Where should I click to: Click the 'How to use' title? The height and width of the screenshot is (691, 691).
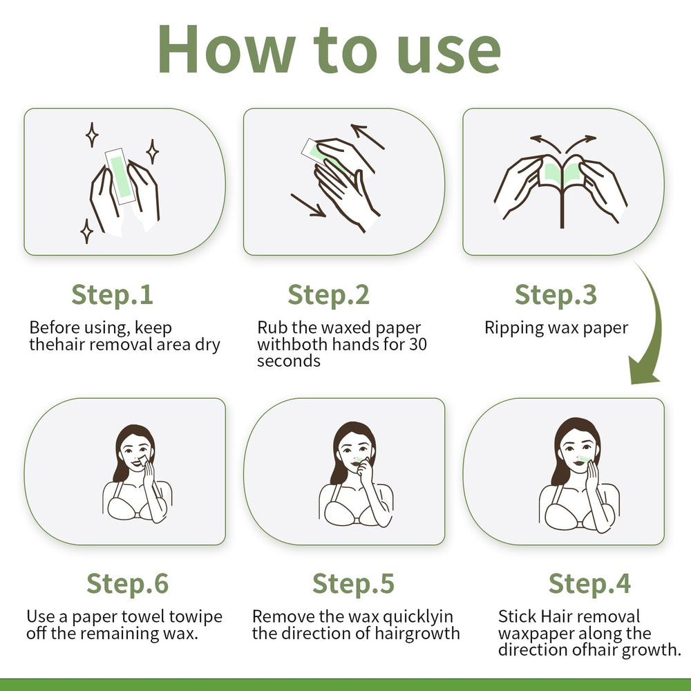[x=329, y=49]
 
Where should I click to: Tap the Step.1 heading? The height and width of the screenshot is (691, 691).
[x=112, y=294]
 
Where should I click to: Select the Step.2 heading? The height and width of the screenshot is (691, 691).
[x=328, y=294]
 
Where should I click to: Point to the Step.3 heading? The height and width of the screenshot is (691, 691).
[x=556, y=294]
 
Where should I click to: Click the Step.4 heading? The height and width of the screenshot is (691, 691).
[x=589, y=583]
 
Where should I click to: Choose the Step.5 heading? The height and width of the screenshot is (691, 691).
[x=353, y=583]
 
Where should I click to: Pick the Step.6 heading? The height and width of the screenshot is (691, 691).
[x=127, y=583]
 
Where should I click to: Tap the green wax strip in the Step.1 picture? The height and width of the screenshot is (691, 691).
[x=120, y=176]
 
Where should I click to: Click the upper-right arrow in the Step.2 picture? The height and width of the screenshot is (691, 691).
[x=368, y=136]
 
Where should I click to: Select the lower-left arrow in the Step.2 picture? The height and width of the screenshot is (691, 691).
[x=308, y=205]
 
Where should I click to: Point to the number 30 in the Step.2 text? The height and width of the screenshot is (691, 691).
[x=418, y=344]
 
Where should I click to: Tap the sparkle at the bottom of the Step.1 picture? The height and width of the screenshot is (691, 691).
[x=87, y=231]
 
